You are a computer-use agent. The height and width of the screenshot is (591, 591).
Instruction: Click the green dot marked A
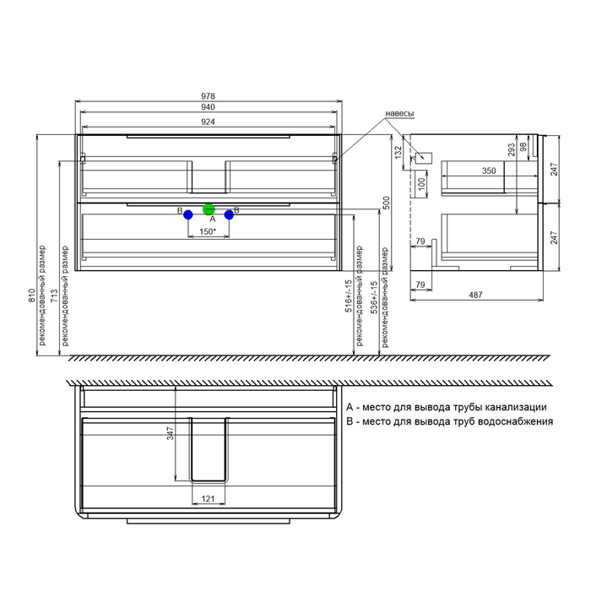click(209, 209)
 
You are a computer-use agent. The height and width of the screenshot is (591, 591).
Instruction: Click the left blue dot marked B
click(188, 214)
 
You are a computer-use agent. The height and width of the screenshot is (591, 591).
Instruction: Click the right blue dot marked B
click(229, 214)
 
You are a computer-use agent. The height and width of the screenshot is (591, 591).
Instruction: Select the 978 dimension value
click(208, 96)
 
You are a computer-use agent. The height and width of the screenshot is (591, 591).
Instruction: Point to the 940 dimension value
click(208, 107)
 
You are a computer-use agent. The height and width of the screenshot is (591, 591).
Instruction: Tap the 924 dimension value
click(208, 122)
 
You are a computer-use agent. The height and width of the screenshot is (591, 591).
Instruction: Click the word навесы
click(399, 113)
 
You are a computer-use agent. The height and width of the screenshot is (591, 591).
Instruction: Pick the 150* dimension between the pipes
click(208, 231)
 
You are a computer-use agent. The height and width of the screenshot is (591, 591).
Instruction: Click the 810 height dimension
click(32, 295)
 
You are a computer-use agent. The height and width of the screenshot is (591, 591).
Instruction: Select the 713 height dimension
click(54, 295)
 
